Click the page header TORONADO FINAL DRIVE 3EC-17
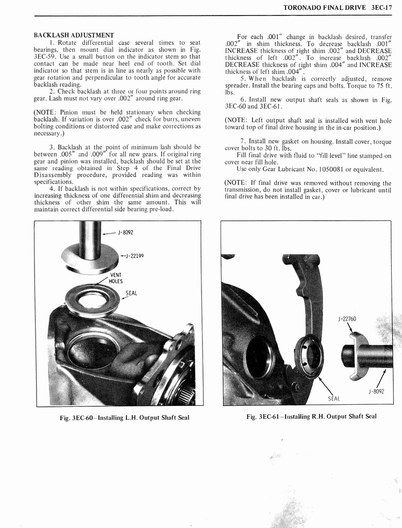click(338, 8)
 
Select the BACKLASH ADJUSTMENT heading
click(74, 35)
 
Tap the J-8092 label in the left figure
click(125, 233)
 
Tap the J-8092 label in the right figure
click(376, 391)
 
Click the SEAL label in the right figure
click(334, 398)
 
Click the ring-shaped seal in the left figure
click(92, 300)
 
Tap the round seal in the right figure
click(309, 356)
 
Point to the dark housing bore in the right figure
click(259, 357)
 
